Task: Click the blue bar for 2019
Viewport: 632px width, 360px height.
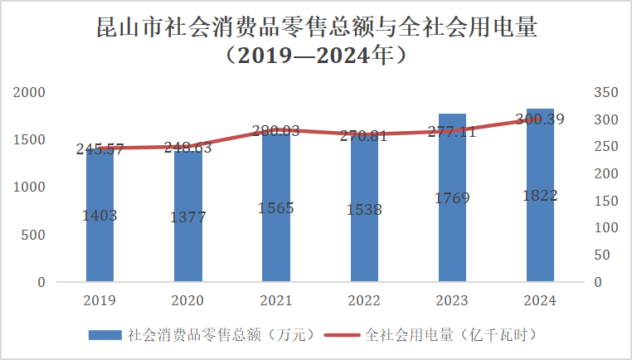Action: coord(100,241)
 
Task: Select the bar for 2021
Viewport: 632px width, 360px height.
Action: coord(276,241)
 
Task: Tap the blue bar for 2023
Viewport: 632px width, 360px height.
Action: coord(452,241)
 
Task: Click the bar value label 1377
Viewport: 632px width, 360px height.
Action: coord(188,216)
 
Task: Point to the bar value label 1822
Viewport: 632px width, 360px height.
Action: coord(540,196)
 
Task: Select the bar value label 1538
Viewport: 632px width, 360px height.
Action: coord(364,210)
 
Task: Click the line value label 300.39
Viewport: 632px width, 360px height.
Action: coord(540,119)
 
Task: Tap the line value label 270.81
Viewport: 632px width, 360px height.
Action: coord(364,135)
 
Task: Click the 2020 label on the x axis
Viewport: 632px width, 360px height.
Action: coord(188,299)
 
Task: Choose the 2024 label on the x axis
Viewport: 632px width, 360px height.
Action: coord(540,299)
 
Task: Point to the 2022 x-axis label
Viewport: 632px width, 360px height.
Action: coord(364,299)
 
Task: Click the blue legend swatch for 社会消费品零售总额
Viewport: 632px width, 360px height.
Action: coord(106,335)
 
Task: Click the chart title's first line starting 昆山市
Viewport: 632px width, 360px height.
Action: coord(316,28)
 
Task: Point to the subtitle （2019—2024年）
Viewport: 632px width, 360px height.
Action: coord(316,57)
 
